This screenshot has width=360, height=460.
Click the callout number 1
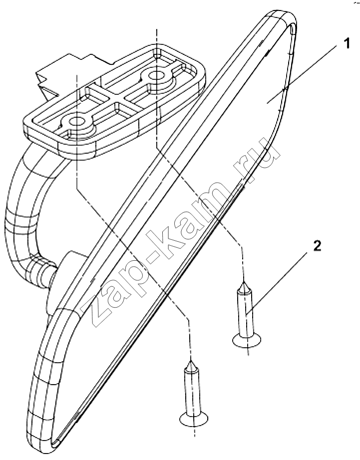(346, 44)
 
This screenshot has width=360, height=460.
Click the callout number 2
(317, 246)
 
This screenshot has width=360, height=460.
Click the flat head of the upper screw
(247, 340)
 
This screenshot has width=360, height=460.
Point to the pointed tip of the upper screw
(243, 282)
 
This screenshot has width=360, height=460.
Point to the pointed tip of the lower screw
(191, 362)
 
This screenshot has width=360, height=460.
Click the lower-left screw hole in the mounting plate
(77, 121)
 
